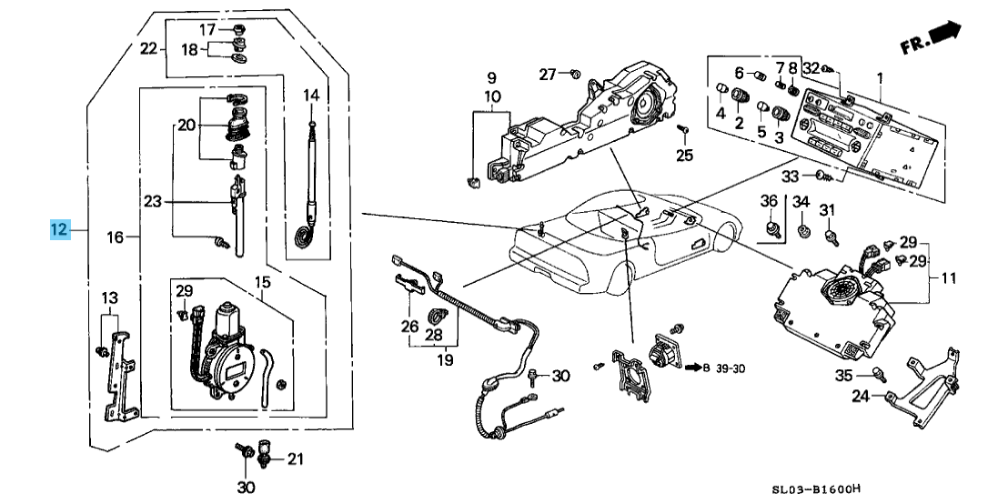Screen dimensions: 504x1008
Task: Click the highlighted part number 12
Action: tap(59, 230)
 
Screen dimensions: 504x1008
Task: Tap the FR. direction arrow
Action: tap(945, 34)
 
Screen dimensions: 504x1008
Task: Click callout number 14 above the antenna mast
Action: tap(311, 95)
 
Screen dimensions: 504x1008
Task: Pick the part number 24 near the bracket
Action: tap(861, 396)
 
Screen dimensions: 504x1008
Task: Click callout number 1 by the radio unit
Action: tap(881, 77)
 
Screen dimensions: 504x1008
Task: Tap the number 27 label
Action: tap(547, 74)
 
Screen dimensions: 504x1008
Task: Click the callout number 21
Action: tap(294, 459)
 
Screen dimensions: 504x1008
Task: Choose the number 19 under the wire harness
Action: tap(445, 360)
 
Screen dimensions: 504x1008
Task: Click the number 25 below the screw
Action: tap(684, 155)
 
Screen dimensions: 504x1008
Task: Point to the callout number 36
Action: tap(769, 201)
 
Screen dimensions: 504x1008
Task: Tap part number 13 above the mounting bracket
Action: tap(109, 298)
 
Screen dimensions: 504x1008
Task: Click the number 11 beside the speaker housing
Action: tap(948, 279)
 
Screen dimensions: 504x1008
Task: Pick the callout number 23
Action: tap(151, 201)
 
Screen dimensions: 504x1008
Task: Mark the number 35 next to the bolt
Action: tap(844, 376)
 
